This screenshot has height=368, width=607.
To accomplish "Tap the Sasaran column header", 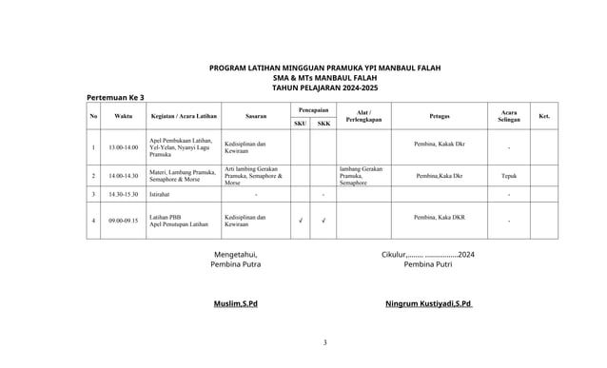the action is [x=255, y=116].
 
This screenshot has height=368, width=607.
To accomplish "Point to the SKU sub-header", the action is [x=300, y=124].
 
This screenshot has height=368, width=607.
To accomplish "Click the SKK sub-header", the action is [x=323, y=124].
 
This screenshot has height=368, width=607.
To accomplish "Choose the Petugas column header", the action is [x=440, y=116].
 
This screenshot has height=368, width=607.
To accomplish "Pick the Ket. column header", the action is [x=544, y=116].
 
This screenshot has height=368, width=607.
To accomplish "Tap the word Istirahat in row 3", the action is [x=161, y=194].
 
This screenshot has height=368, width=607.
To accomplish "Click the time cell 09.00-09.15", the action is [x=123, y=221].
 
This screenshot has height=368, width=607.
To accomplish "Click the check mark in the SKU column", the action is [x=300, y=222].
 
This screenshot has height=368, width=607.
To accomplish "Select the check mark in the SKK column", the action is [x=323, y=222].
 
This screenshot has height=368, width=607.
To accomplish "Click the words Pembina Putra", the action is [x=235, y=265].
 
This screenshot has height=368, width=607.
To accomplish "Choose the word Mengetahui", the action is [x=235, y=254].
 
